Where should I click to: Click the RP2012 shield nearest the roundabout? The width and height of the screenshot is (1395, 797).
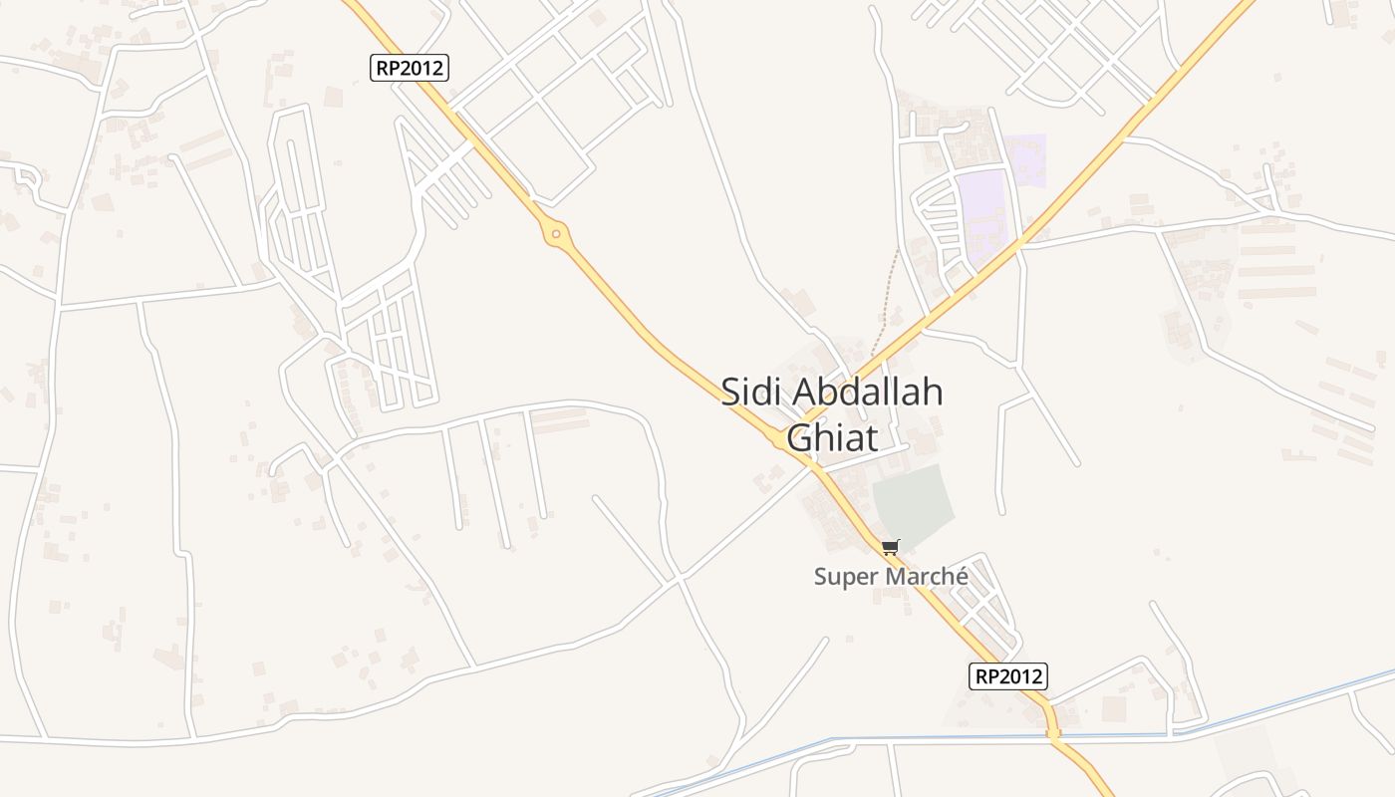[x=411, y=68]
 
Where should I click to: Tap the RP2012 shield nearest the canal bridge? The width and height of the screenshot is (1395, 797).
[x=1008, y=676]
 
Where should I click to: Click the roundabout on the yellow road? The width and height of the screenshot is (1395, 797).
[x=556, y=235]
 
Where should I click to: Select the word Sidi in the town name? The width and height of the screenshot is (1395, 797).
[x=749, y=392]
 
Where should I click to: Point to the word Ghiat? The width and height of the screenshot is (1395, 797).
[x=832, y=437]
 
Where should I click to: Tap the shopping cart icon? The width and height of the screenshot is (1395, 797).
[x=890, y=547]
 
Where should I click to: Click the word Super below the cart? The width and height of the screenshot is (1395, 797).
[x=846, y=577]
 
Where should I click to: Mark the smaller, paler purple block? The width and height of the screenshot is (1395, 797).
[x=1026, y=159]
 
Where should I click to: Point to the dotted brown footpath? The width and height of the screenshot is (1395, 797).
[x=887, y=299]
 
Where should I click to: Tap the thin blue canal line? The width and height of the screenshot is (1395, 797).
[x=1295, y=702]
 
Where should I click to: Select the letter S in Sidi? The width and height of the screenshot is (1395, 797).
[x=730, y=392]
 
